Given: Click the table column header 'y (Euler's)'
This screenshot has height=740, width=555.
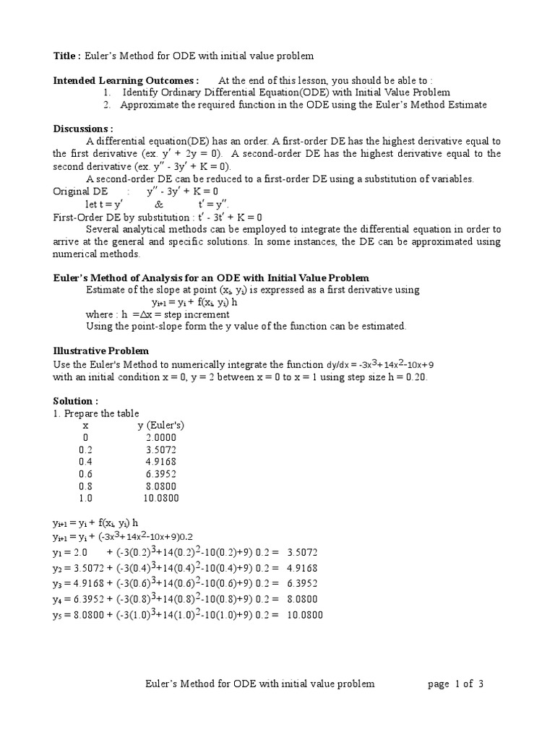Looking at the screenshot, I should click(161, 426).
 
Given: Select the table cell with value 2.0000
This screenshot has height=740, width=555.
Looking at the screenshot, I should click(160, 438).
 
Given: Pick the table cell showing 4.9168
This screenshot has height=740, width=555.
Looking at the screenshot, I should click(160, 462).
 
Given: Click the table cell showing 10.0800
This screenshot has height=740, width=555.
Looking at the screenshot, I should click(160, 498).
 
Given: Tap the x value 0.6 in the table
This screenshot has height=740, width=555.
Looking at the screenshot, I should click(86, 474).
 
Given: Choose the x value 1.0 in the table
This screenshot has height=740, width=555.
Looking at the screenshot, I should click(86, 498).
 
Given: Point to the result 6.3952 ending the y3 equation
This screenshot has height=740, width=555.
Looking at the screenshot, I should click(301, 583).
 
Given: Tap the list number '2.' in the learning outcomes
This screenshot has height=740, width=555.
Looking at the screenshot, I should click(107, 105).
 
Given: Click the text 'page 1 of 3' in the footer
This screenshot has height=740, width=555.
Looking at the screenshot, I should click(455, 684).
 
